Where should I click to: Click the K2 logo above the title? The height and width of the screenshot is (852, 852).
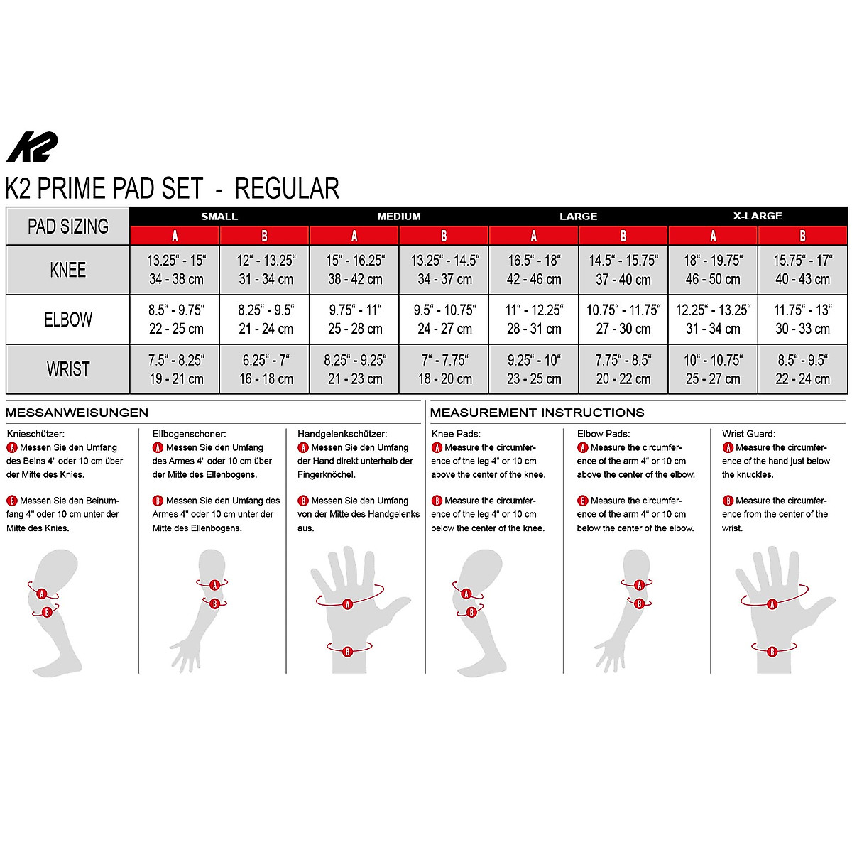pos(31,148)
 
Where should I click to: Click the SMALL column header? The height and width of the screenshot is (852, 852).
pos(219,216)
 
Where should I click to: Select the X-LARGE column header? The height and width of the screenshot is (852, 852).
pos(758,216)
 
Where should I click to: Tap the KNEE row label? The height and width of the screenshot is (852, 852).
pos(67,270)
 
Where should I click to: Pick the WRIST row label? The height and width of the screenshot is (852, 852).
pos(67,369)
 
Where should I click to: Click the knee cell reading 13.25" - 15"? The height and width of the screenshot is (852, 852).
pos(175,270)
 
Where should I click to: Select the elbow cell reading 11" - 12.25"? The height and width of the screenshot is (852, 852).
pos(533,319)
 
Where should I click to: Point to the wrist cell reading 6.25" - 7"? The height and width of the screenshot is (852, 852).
pos(265,369)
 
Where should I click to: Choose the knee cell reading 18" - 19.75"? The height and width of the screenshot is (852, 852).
pos(713,270)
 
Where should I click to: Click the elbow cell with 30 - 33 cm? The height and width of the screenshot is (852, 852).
pos(802,319)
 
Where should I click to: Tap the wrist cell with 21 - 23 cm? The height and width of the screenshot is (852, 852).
pos(354,369)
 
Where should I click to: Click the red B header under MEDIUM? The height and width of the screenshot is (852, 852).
pos(444,236)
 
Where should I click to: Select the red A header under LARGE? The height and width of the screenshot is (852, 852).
pos(533,236)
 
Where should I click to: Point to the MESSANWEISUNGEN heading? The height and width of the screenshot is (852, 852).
pos(77,413)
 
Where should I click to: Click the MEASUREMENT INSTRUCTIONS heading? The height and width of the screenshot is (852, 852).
pos(537,413)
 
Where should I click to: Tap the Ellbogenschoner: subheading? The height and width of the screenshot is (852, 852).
pos(190,434)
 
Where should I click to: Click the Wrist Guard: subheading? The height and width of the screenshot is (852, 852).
pos(748,434)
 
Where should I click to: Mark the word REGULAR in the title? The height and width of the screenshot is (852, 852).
pos(287,188)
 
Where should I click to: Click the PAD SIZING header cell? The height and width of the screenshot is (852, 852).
pos(67,226)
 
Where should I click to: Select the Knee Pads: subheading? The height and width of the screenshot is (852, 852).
pos(456,434)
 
